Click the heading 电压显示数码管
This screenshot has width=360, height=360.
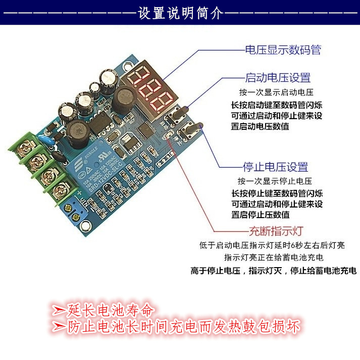pyautogui.click(x=283, y=50)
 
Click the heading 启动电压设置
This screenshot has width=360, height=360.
pyautogui.click(x=277, y=78)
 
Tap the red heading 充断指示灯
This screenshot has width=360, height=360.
pyautogui.click(x=276, y=232)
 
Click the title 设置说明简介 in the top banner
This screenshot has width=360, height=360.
pyautogui.click(x=180, y=13)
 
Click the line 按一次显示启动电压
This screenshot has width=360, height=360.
pyautogui.click(x=276, y=92)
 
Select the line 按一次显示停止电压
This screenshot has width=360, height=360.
pyautogui.click(x=275, y=181)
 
